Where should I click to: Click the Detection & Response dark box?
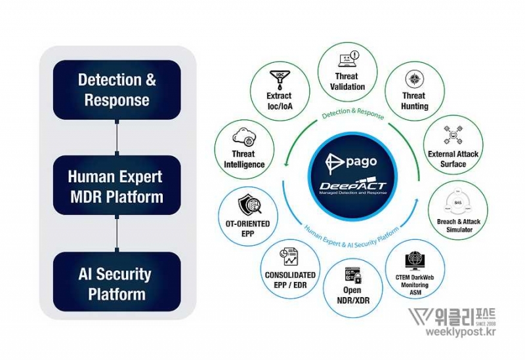[x=117, y=90]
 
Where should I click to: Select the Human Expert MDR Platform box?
[x=117, y=186]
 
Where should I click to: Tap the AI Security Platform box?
[x=117, y=283]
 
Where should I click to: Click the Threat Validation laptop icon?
[x=347, y=60]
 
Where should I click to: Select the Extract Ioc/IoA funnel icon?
[x=279, y=81]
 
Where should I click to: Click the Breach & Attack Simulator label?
[x=458, y=226]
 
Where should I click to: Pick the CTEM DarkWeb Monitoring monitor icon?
[x=415, y=260]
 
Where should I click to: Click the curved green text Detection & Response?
[x=353, y=113]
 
